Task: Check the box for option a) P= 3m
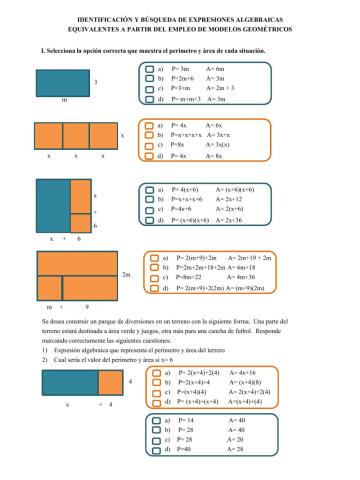[x=148, y=68]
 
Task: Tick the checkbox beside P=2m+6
[x=148, y=78]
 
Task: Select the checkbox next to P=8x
[x=148, y=146]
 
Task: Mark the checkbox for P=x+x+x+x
[x=148, y=135]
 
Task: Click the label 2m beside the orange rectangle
[x=126, y=274]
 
